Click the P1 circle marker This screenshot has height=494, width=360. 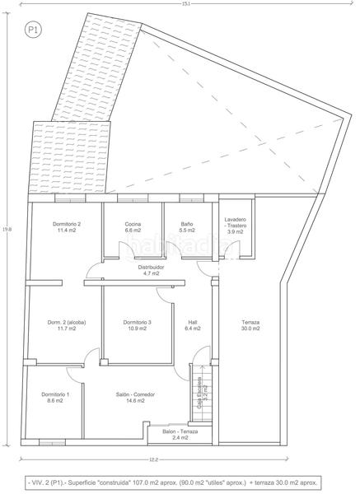(34, 30)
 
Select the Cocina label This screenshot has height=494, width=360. (133, 225)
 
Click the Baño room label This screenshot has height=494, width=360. (188, 225)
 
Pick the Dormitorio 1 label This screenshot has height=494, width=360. (55, 394)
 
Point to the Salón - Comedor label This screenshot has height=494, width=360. (136, 394)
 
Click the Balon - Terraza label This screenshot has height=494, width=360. (180, 431)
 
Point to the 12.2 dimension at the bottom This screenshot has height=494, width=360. (153, 459)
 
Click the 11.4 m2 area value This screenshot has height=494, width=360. (66, 231)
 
